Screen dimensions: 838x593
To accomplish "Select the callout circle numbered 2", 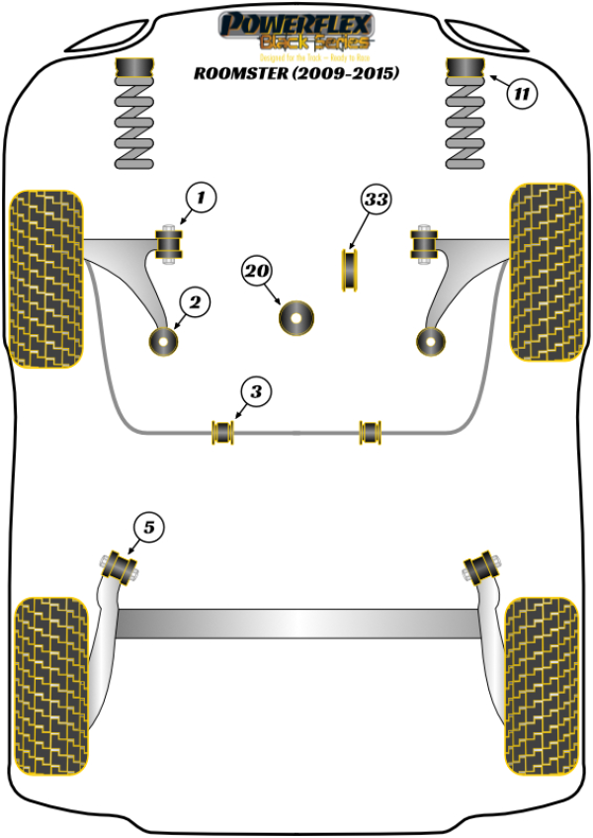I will click(x=194, y=302).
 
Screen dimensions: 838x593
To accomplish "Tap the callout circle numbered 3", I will click(x=255, y=393).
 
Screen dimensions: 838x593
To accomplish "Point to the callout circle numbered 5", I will click(x=148, y=528).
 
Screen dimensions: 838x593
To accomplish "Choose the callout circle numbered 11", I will click(x=521, y=94).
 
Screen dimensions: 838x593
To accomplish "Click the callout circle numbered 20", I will click(x=257, y=271).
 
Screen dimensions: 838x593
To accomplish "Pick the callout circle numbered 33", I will click(x=375, y=200).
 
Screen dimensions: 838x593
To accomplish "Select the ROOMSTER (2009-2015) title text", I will click(x=296, y=71).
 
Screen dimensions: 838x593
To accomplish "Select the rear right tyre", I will click(x=541, y=677).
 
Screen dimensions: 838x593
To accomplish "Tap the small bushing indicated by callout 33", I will click(x=349, y=271).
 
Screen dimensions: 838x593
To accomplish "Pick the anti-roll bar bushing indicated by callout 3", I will click(x=222, y=432).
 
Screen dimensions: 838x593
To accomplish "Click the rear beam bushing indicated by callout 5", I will click(x=122, y=565).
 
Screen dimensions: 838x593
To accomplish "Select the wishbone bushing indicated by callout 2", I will click(x=160, y=341).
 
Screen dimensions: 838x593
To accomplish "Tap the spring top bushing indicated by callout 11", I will click(x=467, y=71).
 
